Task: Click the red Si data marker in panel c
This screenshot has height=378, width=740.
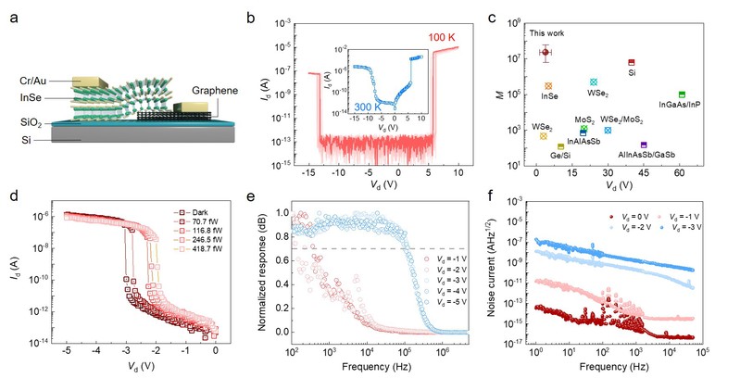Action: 632,63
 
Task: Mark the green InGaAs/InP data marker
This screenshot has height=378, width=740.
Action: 682,94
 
